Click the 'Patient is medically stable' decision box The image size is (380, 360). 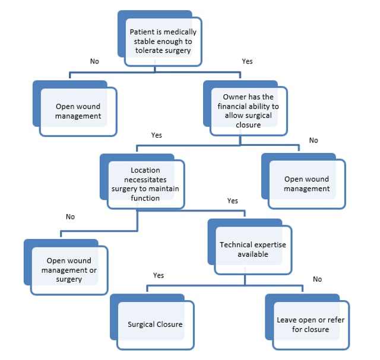click(163, 42)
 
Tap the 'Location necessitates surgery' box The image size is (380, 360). click(145, 184)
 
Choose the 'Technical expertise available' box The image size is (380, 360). click(252, 249)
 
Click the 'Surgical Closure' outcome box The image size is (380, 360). click(155, 324)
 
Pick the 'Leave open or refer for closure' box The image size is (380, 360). click(310, 324)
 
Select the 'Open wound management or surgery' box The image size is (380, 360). click(69, 270)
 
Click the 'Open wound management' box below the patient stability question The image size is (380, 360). click(78, 111)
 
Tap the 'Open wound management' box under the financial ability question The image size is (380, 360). click(306, 184)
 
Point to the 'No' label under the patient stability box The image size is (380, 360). click(94, 61)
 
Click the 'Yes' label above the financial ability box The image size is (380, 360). click(248, 61)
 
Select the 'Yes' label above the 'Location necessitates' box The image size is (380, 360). click(157, 135)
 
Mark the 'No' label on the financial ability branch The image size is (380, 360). click(313, 141)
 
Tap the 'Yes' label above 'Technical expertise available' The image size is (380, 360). click(233, 201)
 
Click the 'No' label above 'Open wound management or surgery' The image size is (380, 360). click(70, 216)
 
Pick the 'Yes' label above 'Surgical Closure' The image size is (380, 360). click(159, 275)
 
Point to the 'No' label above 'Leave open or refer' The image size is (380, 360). click(317, 279)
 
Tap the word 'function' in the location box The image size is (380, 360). click(145, 198)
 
